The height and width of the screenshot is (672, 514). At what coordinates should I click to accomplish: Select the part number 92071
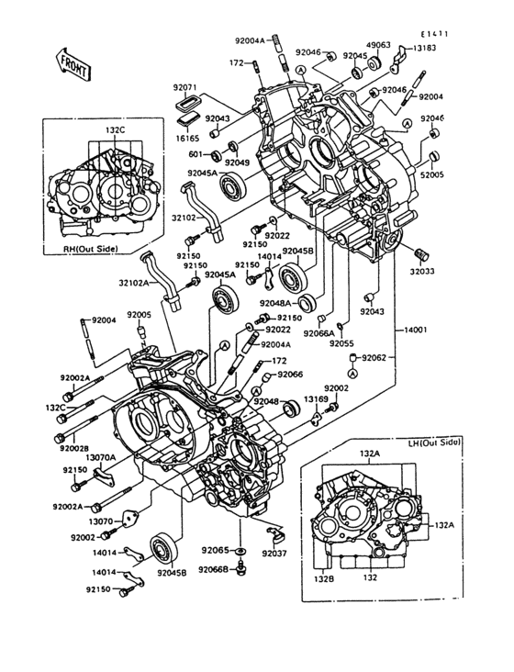click(x=185, y=88)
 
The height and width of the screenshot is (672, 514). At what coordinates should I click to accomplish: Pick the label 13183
click(x=424, y=48)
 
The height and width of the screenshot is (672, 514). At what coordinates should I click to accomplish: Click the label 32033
click(x=425, y=271)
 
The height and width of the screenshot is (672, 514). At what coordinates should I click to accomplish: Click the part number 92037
click(x=274, y=554)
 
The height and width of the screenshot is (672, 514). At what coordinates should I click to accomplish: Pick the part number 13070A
click(x=100, y=457)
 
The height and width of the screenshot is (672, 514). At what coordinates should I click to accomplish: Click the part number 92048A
click(x=274, y=302)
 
